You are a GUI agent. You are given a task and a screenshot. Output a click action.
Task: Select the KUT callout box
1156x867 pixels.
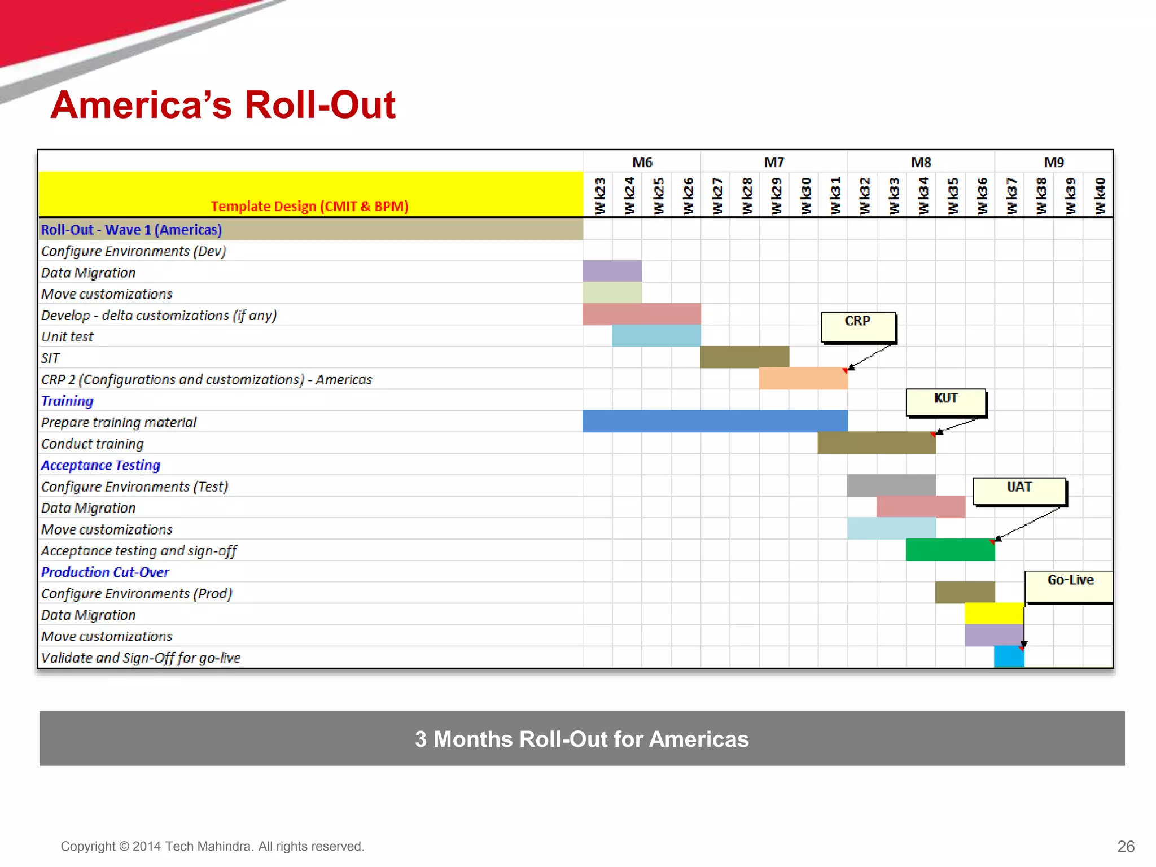coord(946,402)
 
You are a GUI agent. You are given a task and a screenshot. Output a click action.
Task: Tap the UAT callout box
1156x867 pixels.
coord(1019,491)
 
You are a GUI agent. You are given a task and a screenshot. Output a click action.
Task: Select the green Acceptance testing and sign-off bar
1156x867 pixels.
coord(950,550)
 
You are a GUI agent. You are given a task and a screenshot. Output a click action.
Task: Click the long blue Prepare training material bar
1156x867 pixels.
coord(715,421)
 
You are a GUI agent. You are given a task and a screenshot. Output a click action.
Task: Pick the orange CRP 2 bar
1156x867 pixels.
coord(803,378)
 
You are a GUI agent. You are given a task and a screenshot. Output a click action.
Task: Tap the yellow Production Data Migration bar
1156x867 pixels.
coord(994,613)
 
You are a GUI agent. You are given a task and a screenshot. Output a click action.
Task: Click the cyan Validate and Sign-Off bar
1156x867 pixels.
coord(1009,656)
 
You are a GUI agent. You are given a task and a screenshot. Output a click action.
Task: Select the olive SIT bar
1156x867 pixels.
coord(744,357)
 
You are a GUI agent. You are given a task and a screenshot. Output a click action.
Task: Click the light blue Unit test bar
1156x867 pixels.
coord(656,336)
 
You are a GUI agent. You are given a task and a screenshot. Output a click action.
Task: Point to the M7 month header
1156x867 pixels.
coord(773,163)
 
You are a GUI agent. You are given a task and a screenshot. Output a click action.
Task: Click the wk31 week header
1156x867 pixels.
coord(835,195)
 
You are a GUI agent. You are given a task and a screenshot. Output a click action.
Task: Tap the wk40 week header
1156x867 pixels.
coord(1100,195)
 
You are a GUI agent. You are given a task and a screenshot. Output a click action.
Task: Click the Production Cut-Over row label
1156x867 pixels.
coord(105,572)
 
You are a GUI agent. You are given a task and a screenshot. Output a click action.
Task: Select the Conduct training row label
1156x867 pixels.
coord(93,444)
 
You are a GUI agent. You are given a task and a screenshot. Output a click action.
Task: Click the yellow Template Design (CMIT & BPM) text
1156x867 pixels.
coord(309,206)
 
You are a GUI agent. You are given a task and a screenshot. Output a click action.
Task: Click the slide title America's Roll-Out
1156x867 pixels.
coord(223,105)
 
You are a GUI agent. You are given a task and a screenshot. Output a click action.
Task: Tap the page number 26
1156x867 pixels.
coord(1125,846)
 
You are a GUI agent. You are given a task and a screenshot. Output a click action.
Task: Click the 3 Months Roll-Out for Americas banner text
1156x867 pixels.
coord(581,739)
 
